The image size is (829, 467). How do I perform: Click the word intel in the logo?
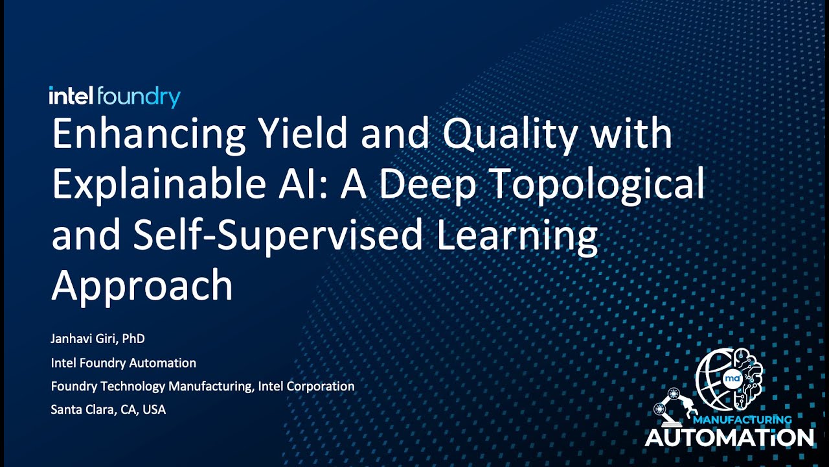(x=71, y=97)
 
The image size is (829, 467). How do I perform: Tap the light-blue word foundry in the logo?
(x=139, y=98)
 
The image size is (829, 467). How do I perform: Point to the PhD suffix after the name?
(x=133, y=339)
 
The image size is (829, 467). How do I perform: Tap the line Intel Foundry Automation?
(x=123, y=363)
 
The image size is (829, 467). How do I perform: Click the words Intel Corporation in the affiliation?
(x=306, y=387)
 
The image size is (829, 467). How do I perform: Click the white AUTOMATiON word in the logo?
(x=729, y=438)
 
